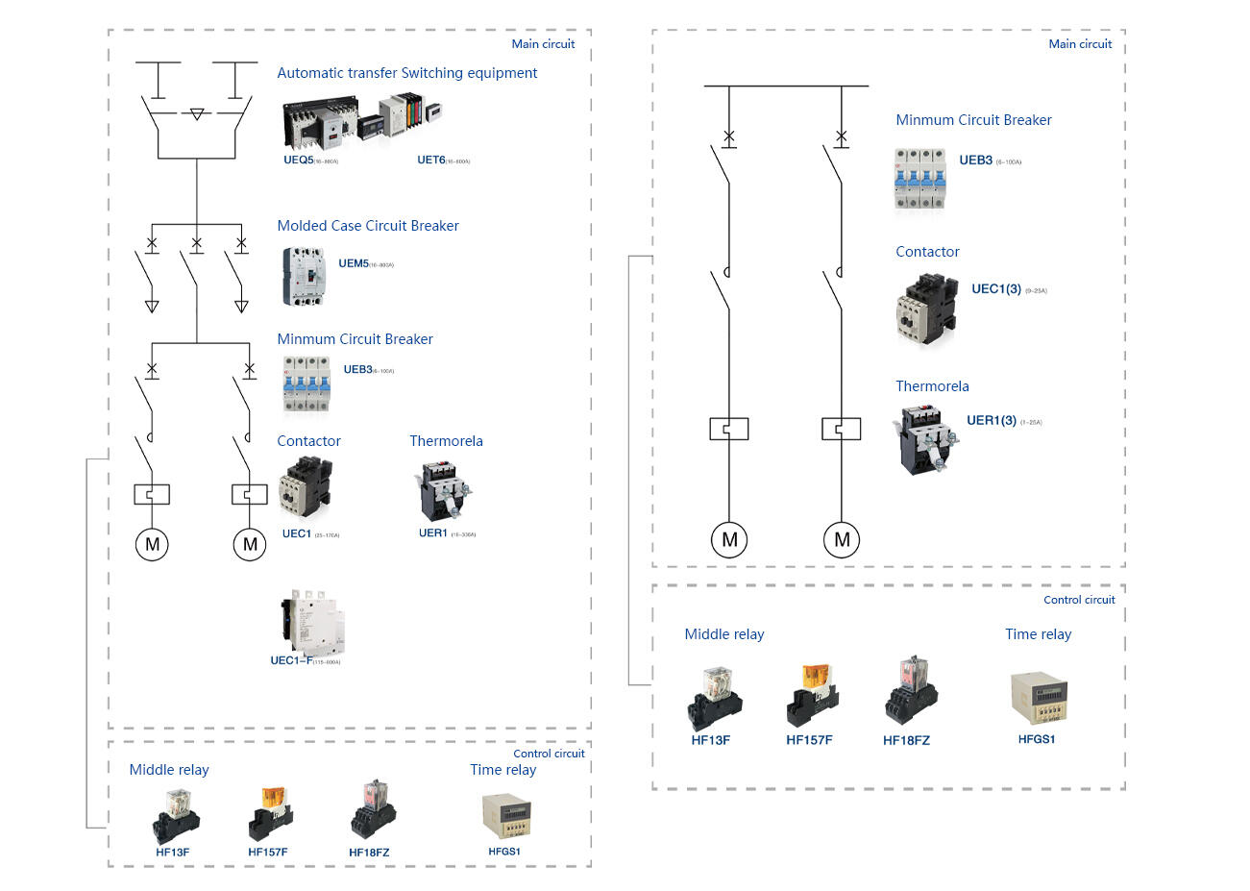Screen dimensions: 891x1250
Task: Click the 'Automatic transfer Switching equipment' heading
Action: pos(406,73)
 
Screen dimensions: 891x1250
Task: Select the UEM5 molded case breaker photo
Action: pos(305,277)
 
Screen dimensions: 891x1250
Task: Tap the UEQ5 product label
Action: pos(299,161)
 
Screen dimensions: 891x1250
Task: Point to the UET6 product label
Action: pos(431,161)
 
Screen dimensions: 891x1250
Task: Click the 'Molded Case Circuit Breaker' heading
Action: pos(368,226)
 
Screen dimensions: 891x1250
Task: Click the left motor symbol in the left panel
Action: pos(152,545)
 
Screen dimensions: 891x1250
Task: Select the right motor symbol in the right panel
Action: pos(842,539)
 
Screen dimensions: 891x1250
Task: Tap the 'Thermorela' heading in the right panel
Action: pos(932,386)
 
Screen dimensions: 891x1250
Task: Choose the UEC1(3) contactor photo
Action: pos(926,308)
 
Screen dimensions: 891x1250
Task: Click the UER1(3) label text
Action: pos(992,421)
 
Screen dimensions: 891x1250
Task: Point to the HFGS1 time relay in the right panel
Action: pos(1038,701)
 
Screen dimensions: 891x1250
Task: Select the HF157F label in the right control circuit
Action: pos(809,740)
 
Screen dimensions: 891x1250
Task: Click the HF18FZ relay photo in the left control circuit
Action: pos(373,811)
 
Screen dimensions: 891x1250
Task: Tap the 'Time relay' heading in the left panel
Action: pos(502,770)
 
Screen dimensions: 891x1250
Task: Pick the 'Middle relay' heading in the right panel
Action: pos(724,634)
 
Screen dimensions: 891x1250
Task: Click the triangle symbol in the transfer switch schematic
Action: pos(197,114)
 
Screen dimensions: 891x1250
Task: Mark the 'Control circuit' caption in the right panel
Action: pos(1079,600)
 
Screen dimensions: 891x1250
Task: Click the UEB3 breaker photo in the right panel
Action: pos(920,178)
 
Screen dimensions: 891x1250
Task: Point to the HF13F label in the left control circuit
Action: pos(173,853)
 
